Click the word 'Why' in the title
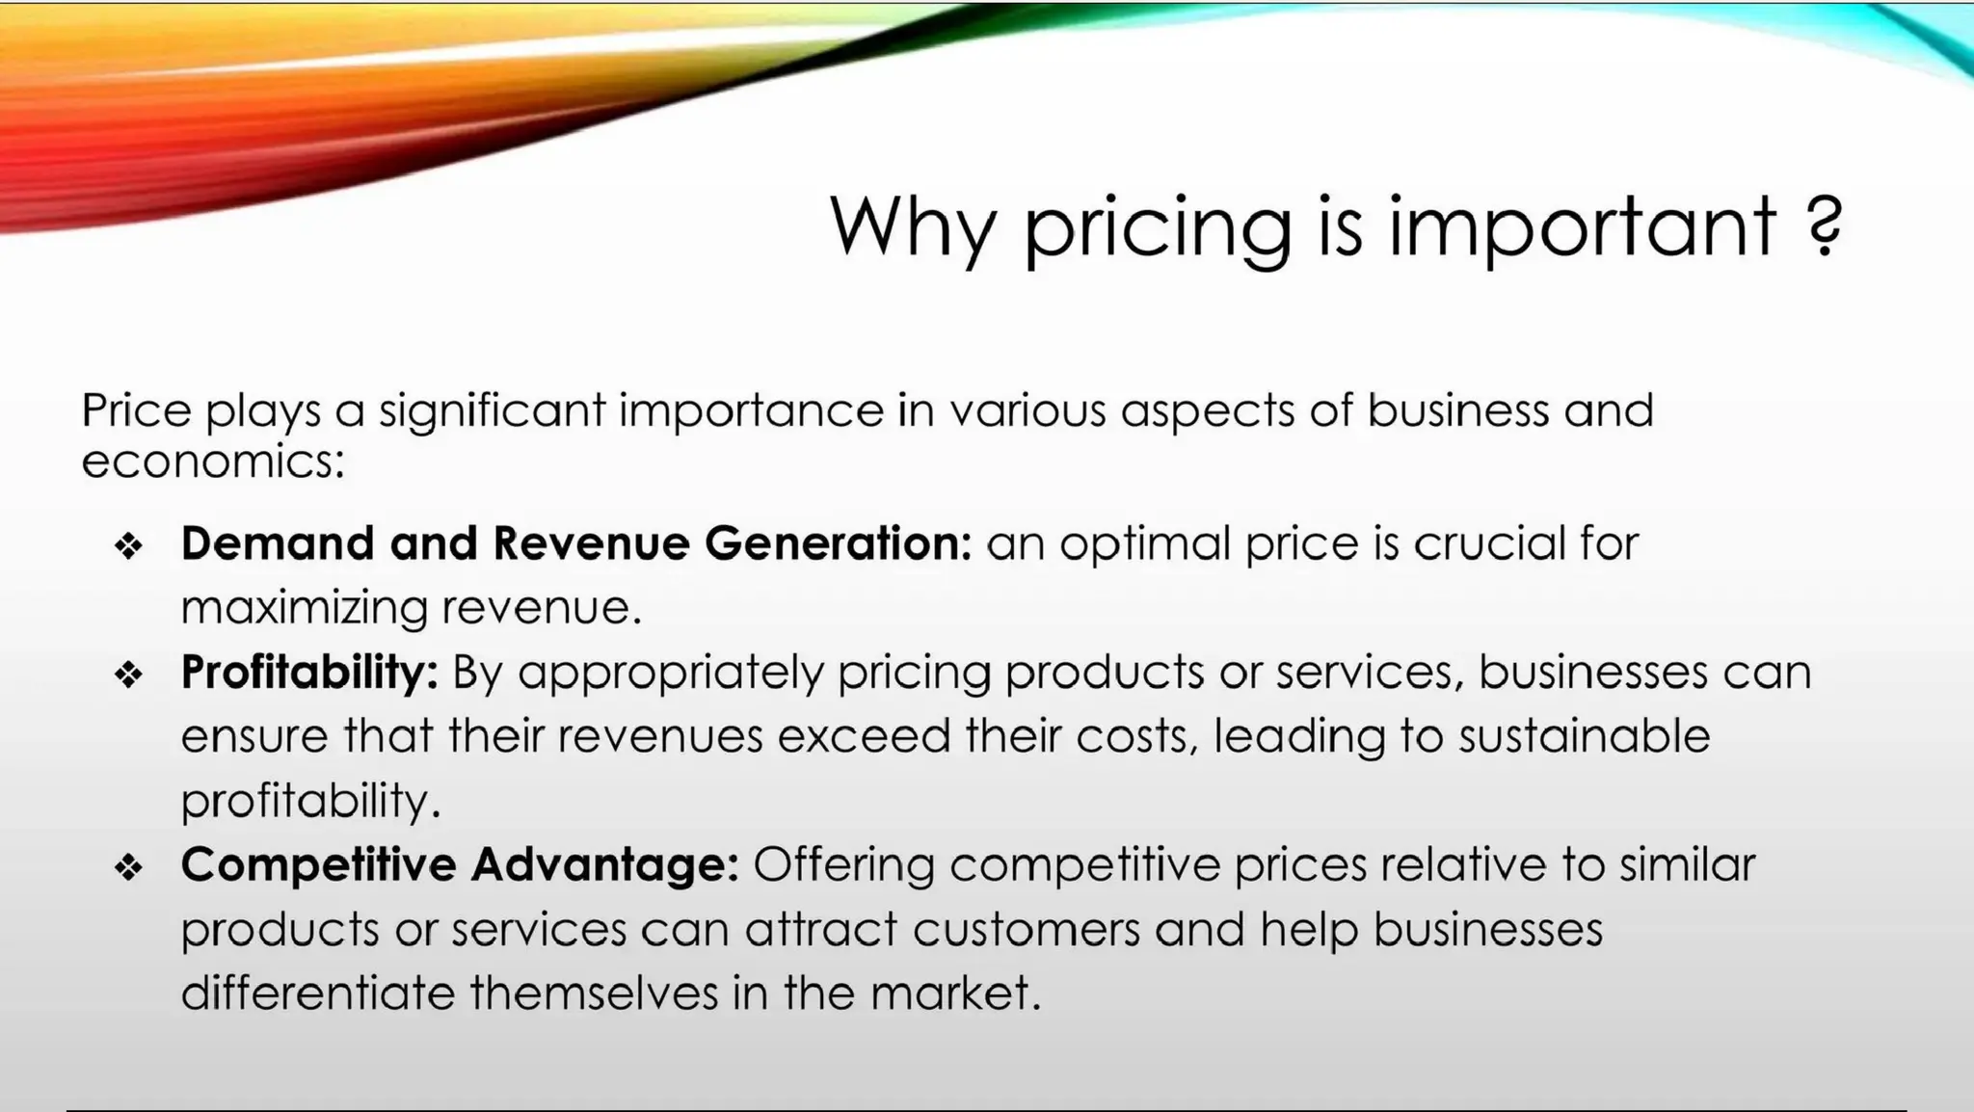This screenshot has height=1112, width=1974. click(x=911, y=227)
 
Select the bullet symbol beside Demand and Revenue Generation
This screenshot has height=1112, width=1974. click(x=128, y=547)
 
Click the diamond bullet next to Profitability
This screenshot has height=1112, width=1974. click(x=128, y=675)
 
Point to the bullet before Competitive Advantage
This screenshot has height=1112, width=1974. click(x=128, y=868)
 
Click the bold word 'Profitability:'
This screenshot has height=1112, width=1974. click(x=309, y=673)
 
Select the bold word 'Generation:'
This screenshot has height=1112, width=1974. click(x=838, y=543)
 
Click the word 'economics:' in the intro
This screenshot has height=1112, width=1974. click(x=212, y=462)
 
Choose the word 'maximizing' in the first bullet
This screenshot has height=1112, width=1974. click(x=304, y=608)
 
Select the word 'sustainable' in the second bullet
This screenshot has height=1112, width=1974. click(x=1584, y=736)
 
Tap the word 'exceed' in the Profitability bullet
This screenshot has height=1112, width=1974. click(x=864, y=736)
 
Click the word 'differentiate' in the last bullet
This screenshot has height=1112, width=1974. click(x=317, y=993)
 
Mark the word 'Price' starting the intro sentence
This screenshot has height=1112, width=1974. click(x=136, y=410)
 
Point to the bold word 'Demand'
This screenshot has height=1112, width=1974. click(x=277, y=543)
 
